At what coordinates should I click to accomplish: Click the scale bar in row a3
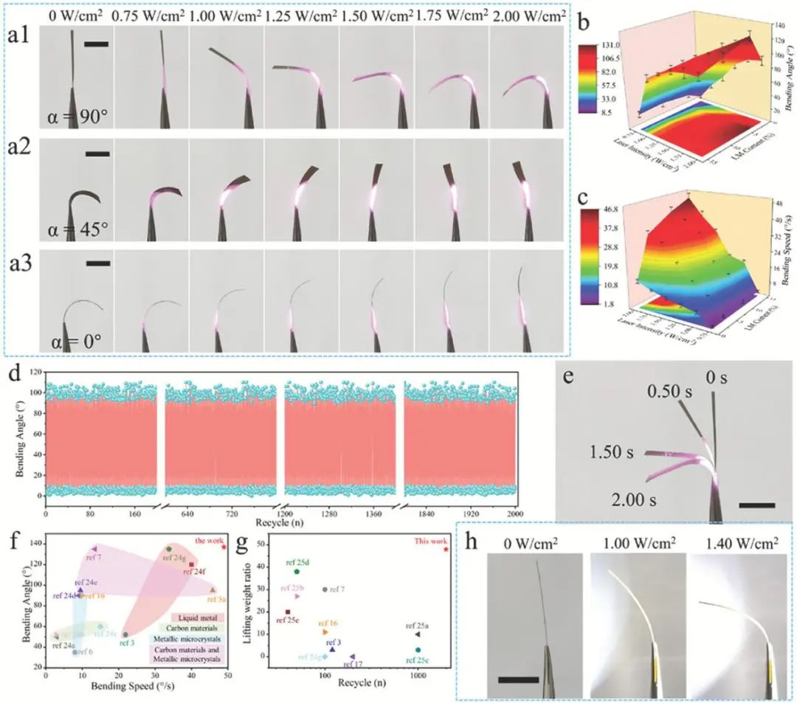click(97, 262)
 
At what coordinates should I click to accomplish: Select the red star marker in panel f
click(223, 547)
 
